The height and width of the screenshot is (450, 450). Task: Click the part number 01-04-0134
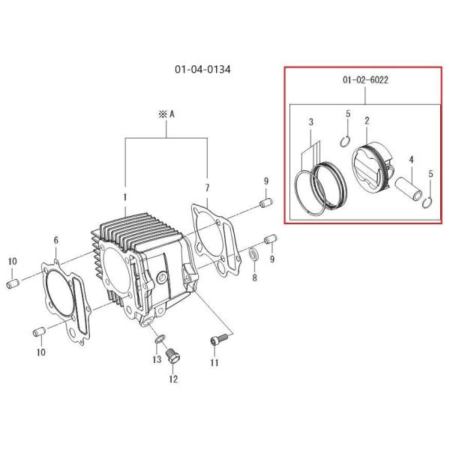202,70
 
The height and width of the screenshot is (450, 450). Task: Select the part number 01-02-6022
365,79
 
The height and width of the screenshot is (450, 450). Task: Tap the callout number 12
173,379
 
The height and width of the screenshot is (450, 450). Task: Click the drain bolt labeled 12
172,356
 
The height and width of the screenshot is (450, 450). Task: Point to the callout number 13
157,359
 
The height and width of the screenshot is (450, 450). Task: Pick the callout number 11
214,362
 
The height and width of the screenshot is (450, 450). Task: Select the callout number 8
254,277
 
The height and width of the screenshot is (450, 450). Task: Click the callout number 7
207,188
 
